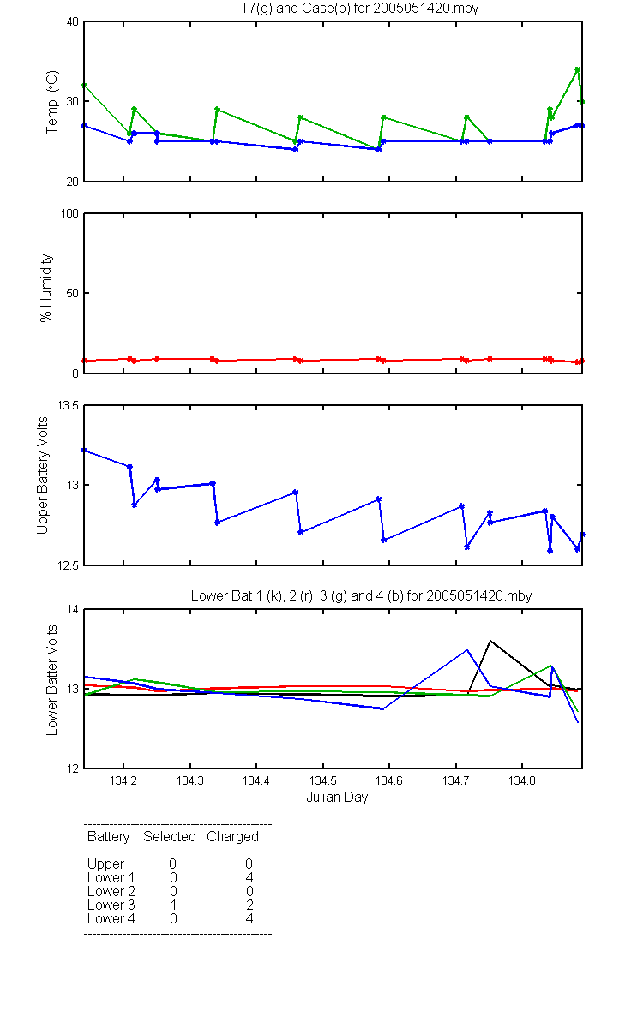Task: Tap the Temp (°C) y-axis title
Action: [x=52, y=102]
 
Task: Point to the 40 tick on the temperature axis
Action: [x=73, y=22]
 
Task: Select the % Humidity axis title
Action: [x=46, y=288]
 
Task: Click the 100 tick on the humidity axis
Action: [x=69, y=214]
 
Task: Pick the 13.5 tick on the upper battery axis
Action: [x=68, y=406]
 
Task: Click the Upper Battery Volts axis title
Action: [x=42, y=476]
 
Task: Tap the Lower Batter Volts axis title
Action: [x=52, y=680]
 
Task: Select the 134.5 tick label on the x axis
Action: [x=323, y=780]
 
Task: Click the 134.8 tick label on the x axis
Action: [x=522, y=780]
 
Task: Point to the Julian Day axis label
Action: [x=337, y=798]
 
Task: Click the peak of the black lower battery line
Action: [x=490, y=641]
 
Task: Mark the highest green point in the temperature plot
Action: [x=577, y=69]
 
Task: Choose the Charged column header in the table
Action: [x=233, y=837]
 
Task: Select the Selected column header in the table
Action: [x=170, y=837]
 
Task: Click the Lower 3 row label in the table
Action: [x=111, y=905]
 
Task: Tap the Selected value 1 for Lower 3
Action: [x=173, y=905]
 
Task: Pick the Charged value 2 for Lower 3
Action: [x=249, y=905]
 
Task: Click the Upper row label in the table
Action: [x=105, y=864]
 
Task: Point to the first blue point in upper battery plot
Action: [x=85, y=451]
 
